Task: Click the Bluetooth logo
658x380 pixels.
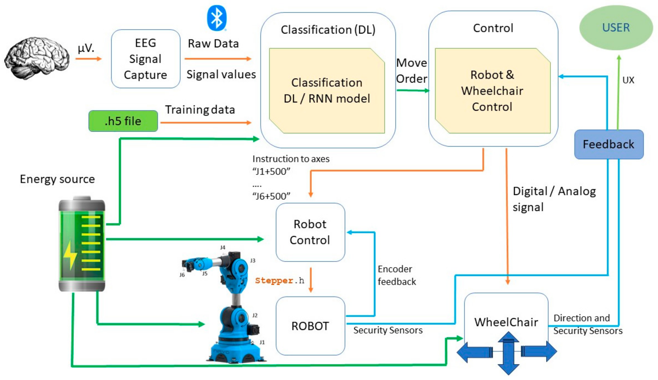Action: click(x=217, y=18)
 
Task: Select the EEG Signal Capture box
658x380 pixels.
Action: click(x=146, y=59)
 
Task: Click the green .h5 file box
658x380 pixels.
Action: click(x=123, y=121)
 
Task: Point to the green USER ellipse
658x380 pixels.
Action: click(x=616, y=28)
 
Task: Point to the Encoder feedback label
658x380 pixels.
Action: click(x=397, y=275)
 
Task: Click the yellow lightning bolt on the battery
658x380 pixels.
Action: click(x=70, y=256)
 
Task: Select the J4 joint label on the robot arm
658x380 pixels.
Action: click(x=222, y=247)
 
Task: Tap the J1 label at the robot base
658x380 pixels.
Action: click(x=262, y=342)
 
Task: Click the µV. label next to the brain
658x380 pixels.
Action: click(x=86, y=48)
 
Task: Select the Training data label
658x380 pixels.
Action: click(x=200, y=110)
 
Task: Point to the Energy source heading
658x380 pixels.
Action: click(x=57, y=179)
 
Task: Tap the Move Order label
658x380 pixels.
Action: click(x=412, y=71)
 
